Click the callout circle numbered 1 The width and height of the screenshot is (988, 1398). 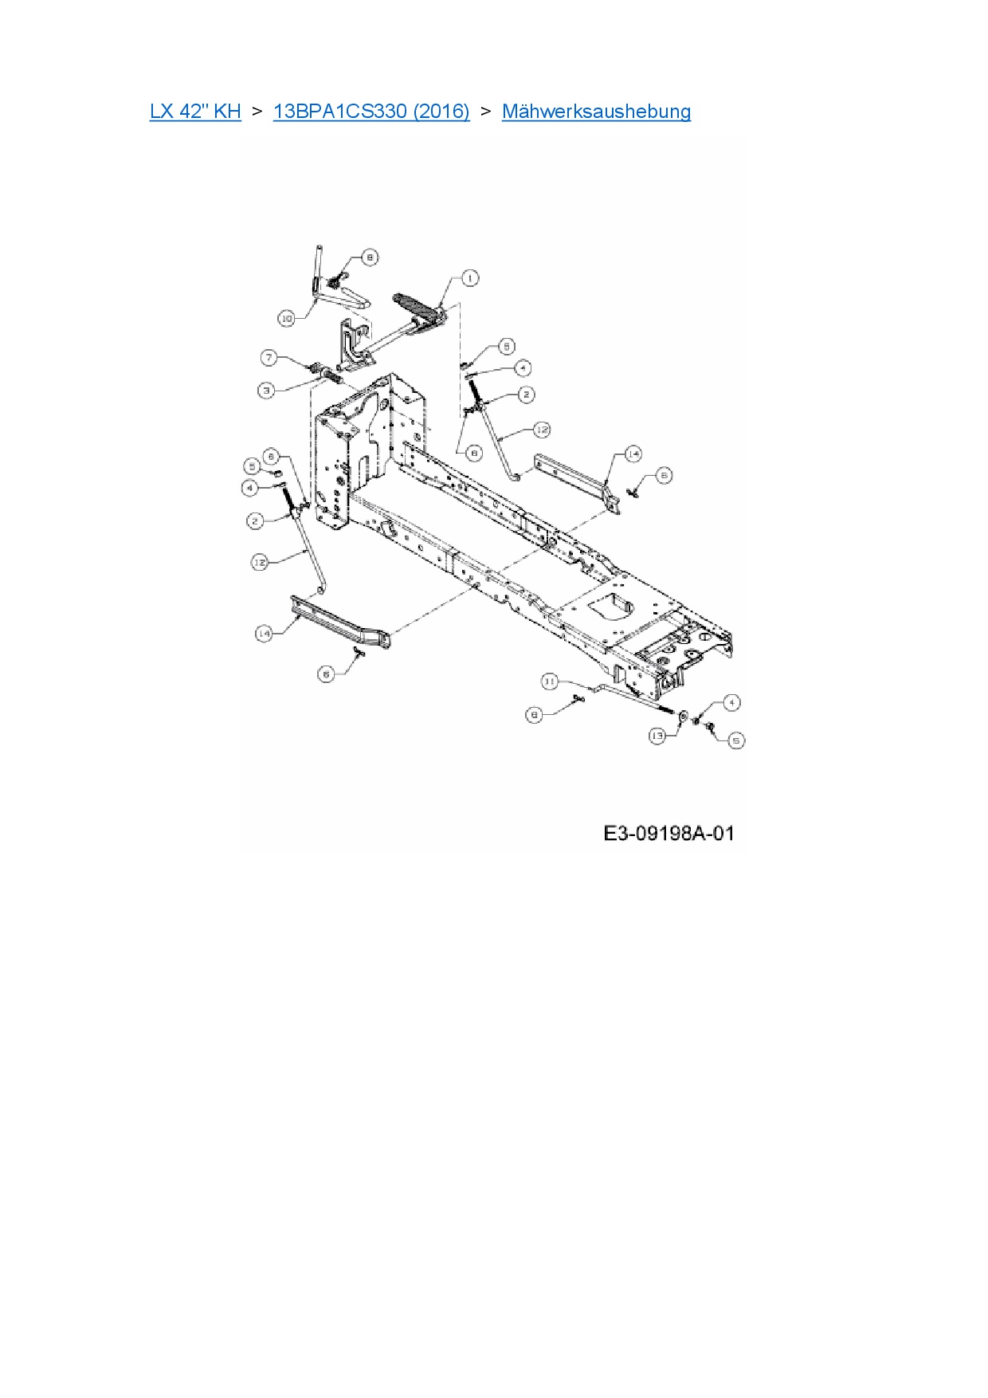(470, 278)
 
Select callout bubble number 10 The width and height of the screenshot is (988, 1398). (286, 318)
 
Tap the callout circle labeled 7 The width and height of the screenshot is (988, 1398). (269, 358)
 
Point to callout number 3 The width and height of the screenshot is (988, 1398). (266, 390)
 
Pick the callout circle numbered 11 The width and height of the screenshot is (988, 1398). (550, 681)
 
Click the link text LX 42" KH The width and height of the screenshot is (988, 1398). (195, 112)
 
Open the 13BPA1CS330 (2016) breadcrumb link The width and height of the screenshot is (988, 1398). (371, 112)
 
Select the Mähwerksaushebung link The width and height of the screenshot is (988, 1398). (596, 112)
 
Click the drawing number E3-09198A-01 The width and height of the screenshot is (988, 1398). (668, 834)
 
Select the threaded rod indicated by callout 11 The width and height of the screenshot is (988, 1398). (637, 698)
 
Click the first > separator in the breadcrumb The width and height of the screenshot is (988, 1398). (257, 112)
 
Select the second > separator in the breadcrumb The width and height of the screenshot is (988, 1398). (485, 112)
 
